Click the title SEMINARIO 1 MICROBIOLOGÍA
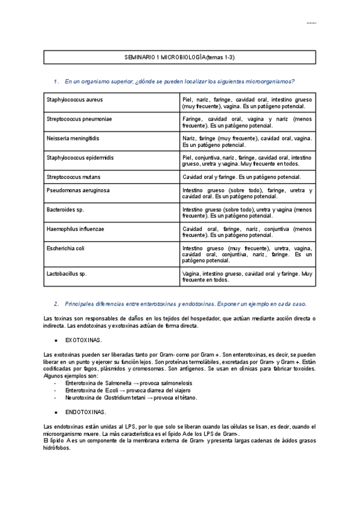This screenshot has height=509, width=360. [179, 56]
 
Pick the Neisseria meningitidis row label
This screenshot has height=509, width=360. [73, 139]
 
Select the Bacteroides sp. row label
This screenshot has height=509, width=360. [65, 210]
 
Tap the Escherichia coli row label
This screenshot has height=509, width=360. [65, 248]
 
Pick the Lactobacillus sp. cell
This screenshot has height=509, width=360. [67, 274]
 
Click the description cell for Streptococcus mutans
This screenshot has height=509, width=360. [241, 177]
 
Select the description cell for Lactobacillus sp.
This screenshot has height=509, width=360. [247, 277]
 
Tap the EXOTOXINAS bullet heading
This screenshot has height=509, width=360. [83, 340]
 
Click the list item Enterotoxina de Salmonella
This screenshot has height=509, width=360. [118, 382]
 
